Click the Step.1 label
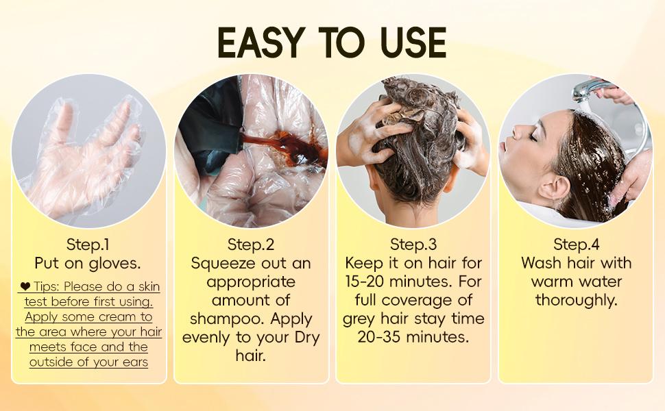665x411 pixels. tap(88, 245)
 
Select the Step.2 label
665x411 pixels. tap(251, 245)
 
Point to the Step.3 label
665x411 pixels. tap(413, 245)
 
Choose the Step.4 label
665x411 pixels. tap(576, 245)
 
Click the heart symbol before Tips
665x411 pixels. tap(25, 286)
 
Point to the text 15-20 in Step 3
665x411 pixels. tap(369, 282)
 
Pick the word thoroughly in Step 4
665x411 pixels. tap(577, 300)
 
